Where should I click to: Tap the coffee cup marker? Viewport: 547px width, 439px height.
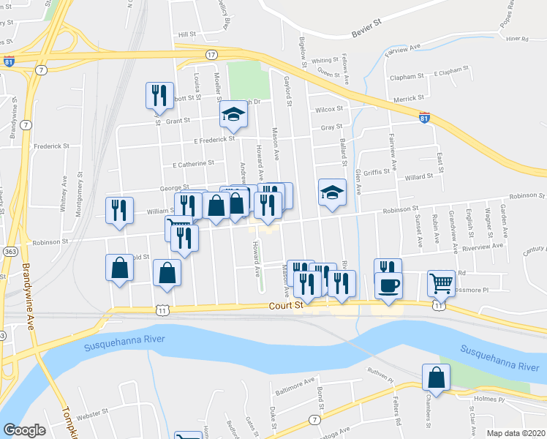point(388,284)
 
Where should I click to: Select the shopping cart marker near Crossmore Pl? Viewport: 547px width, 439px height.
point(441,282)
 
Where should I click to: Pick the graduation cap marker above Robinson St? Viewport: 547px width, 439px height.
point(332,192)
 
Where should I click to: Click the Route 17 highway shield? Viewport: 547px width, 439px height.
point(211,55)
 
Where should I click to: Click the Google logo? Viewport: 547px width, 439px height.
point(24,429)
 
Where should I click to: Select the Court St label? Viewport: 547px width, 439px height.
point(285,307)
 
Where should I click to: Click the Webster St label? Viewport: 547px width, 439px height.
point(92,415)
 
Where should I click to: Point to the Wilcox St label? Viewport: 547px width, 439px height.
point(329,109)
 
